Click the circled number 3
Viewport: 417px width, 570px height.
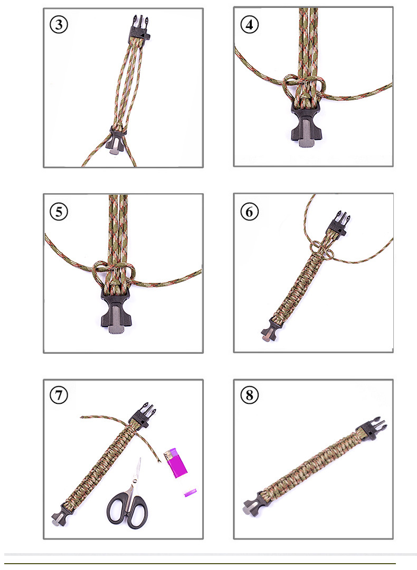(x=59, y=25)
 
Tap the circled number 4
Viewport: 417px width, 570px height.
(x=249, y=25)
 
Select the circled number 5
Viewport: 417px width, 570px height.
(x=59, y=212)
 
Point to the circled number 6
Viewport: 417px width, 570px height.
(x=249, y=212)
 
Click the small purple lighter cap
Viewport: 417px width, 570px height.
(x=190, y=493)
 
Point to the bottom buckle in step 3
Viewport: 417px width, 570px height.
(x=117, y=141)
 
